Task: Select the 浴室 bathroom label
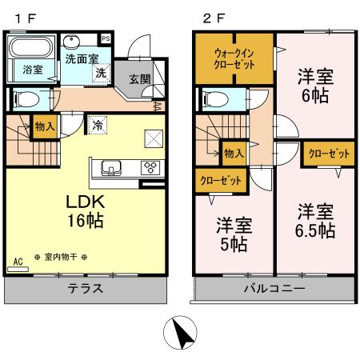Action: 33,70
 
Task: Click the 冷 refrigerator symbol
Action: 98,125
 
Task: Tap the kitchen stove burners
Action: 150,167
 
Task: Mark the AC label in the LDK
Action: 18,261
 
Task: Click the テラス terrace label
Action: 85,288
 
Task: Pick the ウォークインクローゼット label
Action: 234,59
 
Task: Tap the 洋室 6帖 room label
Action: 316,86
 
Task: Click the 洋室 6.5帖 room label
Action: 316,222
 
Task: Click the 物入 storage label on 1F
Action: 45,125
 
